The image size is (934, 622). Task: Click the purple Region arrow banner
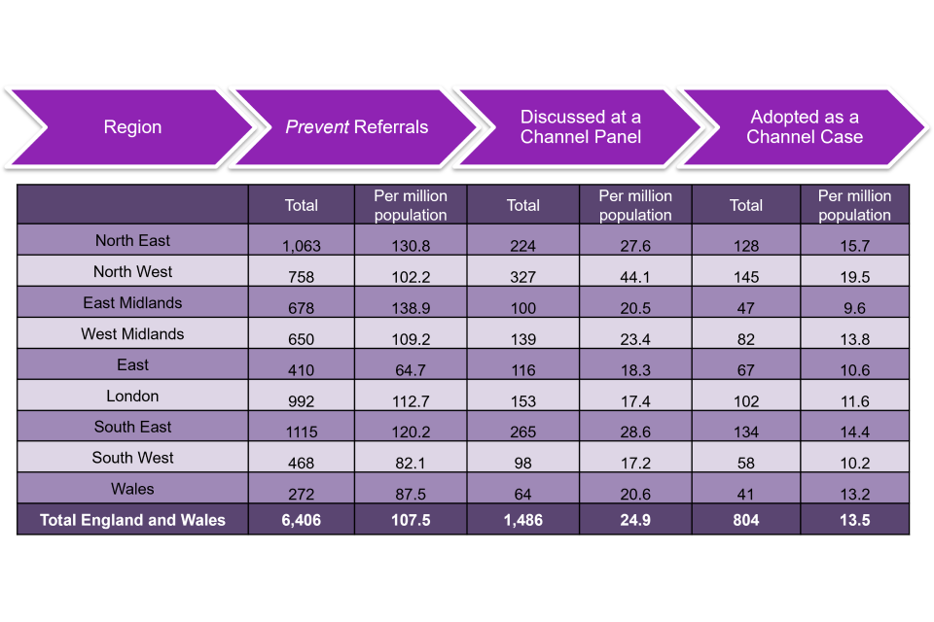[132, 127]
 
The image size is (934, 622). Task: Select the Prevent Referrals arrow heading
[356, 127]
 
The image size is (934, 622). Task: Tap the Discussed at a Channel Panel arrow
[580, 127]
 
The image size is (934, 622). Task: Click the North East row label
[132, 241]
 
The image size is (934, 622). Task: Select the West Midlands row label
[132, 334]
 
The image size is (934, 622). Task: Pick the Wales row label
[132, 489]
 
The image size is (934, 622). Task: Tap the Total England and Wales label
[132, 520]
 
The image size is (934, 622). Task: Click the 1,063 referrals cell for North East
[302, 246]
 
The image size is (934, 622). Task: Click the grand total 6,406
[302, 520]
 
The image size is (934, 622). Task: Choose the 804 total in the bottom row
[746, 520]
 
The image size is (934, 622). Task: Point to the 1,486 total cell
[523, 520]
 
